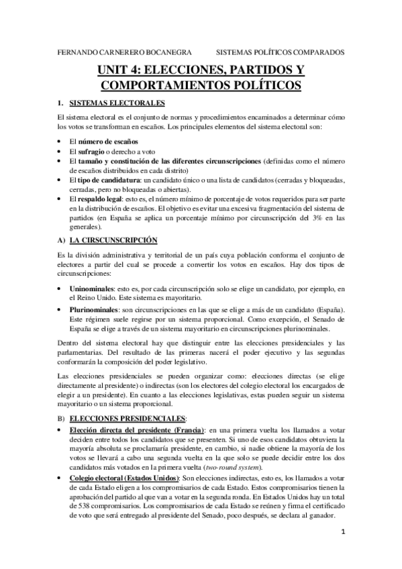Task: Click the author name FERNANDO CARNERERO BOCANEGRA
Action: point(115,51)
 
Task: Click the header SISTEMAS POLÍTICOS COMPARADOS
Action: point(280,51)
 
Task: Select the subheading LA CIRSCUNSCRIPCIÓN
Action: point(113,240)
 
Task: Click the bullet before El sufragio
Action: point(60,152)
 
